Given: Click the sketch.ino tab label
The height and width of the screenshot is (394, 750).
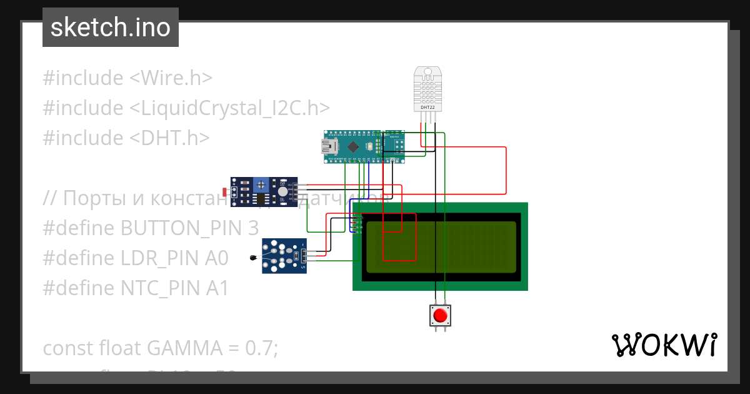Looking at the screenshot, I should pyautogui.click(x=110, y=28).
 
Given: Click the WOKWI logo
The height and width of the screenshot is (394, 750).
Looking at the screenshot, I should pyautogui.click(x=663, y=345).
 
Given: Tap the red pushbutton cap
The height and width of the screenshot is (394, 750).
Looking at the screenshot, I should pyautogui.click(x=441, y=315).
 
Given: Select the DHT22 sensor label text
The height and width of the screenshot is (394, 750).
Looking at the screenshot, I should pyautogui.click(x=427, y=108).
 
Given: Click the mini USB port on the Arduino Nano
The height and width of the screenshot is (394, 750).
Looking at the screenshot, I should pyautogui.click(x=327, y=147).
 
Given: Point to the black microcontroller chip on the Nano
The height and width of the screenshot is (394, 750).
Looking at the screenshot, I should pyautogui.click(x=354, y=147).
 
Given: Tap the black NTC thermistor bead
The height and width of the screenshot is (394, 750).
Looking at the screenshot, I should pyautogui.click(x=252, y=258).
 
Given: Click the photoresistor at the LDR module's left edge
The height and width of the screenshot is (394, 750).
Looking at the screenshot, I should pyautogui.click(x=225, y=191).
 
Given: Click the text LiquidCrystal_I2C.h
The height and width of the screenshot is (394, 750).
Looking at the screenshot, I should pyautogui.click(x=229, y=108).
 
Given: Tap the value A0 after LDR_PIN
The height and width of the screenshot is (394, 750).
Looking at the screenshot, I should pyautogui.click(x=217, y=258).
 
